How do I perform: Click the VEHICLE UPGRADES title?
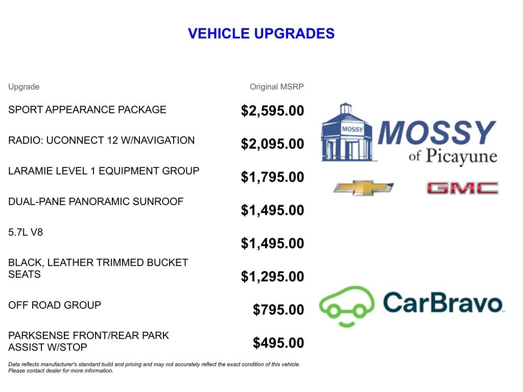coord(261,34)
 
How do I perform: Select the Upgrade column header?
coord(23,87)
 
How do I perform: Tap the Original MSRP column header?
coord(276,87)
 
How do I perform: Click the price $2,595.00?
coord(272,111)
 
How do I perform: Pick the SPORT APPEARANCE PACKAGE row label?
coord(87,110)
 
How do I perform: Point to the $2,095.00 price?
coord(272,144)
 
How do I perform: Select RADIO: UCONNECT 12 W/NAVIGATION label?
coord(101,140)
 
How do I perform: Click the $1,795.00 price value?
coord(272,177)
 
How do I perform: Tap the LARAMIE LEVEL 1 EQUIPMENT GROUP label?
coord(104,171)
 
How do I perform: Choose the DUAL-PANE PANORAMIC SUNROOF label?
coord(96,202)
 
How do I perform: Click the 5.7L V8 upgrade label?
coord(26,232)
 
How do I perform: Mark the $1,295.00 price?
coord(272,277)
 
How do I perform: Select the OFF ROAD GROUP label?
coord(55,305)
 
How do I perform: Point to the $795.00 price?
coord(278,310)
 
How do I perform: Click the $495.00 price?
coord(278,343)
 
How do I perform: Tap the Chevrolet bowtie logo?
coord(363,188)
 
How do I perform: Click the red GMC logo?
coord(462,188)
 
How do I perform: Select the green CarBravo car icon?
coord(346,305)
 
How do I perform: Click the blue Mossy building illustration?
coord(346,133)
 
